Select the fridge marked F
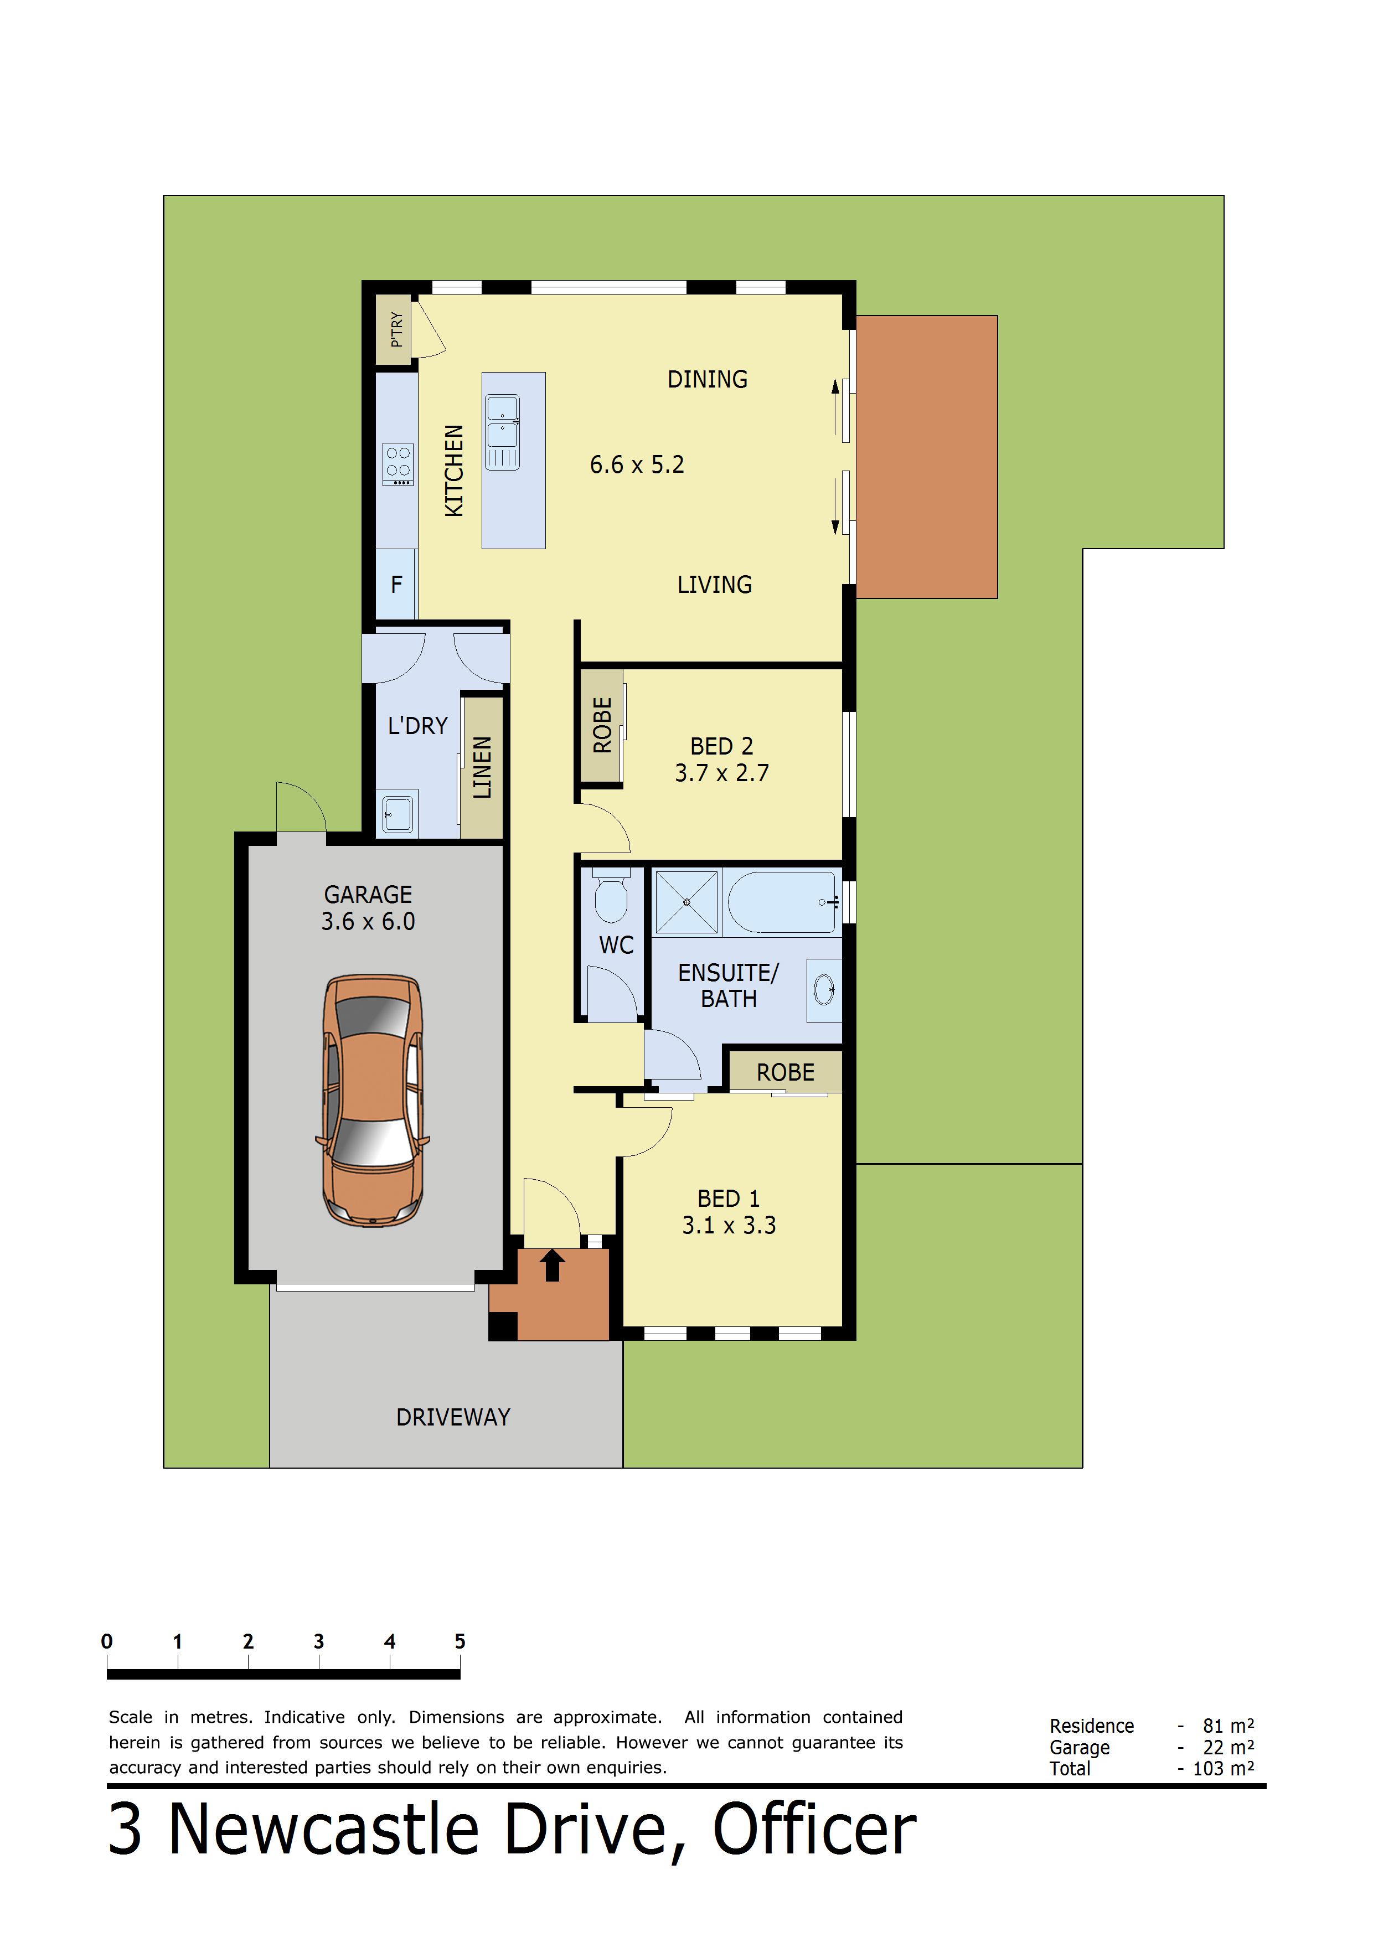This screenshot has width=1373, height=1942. (x=396, y=585)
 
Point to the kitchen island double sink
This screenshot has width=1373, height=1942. (x=503, y=432)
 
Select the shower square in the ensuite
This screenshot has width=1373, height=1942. (x=686, y=902)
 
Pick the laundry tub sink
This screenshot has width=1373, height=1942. (x=398, y=814)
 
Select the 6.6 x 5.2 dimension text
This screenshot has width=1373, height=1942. (x=637, y=464)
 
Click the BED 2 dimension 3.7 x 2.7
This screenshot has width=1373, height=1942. (x=721, y=773)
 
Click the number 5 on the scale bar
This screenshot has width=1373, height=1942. (x=460, y=1642)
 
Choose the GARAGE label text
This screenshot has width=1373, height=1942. (x=368, y=894)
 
